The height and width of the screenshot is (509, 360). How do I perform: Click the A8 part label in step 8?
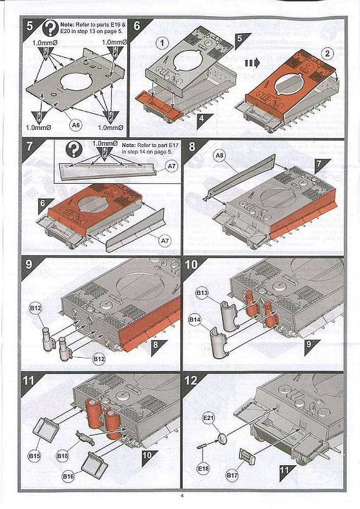click(219, 157)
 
